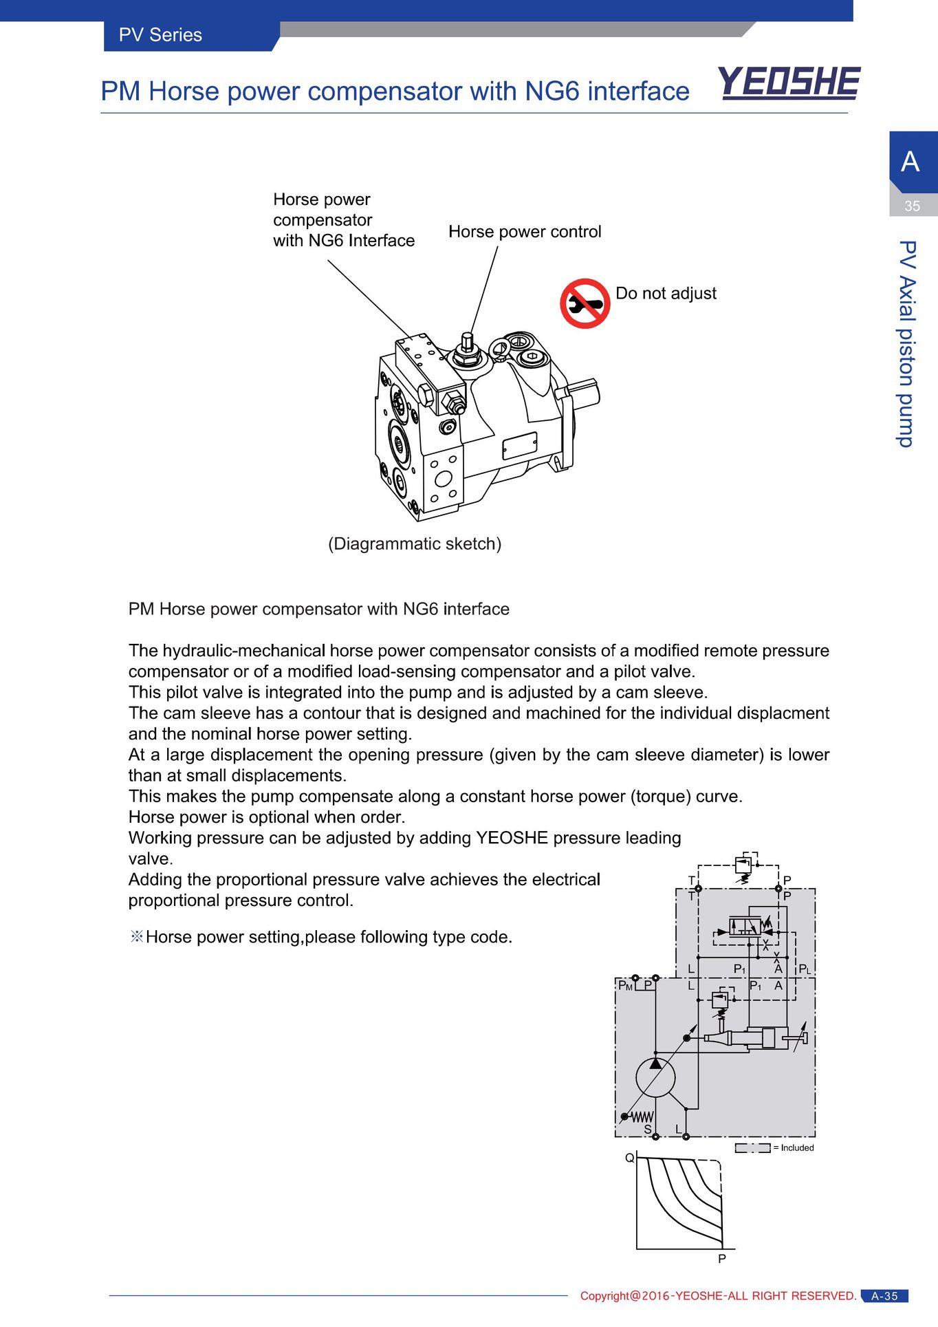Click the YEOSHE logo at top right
coord(789,83)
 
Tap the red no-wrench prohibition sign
coord(585,303)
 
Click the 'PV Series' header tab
coord(160,35)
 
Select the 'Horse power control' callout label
coord(525,232)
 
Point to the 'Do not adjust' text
coord(666,294)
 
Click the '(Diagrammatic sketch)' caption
coord(415,544)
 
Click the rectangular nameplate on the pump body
coord(519,446)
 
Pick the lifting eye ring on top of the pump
coord(500,349)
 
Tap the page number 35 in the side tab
coord(912,206)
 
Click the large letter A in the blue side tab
coord(910,162)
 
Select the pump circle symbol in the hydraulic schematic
coord(655,1078)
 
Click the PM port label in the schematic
coord(625,986)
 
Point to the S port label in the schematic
coord(647,1130)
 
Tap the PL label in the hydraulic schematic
coord(805,969)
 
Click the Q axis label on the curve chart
coord(629,1158)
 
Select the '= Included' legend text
coord(794,1147)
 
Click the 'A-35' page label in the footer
coord(884,1296)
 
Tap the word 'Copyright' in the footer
coord(604,1296)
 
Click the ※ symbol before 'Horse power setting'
coord(136,937)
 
